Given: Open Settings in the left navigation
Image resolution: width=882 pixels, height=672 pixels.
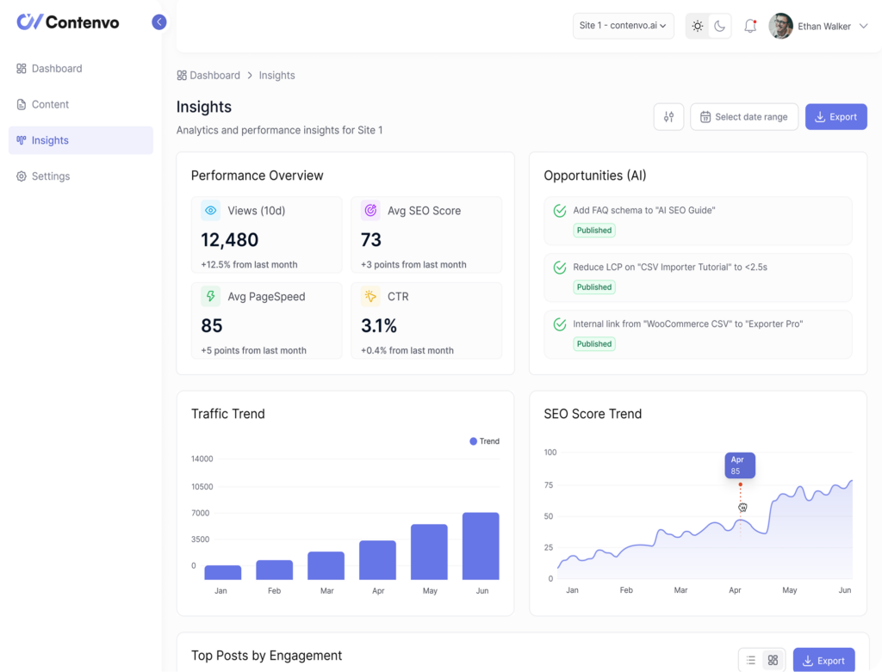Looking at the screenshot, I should (x=50, y=176).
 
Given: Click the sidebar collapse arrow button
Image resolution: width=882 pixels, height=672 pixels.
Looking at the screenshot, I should (x=159, y=22).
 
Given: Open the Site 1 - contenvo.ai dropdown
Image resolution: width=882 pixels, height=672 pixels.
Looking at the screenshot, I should (x=623, y=26).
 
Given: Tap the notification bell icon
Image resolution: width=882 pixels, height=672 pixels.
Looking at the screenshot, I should (x=750, y=26).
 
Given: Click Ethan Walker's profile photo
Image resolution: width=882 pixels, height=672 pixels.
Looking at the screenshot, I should (x=780, y=26).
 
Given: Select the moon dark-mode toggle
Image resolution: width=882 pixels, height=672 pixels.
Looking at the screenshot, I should (x=719, y=26).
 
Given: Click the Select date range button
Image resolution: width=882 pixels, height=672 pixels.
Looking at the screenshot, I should (x=743, y=117).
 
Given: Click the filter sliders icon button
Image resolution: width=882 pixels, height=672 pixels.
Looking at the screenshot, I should (x=668, y=117).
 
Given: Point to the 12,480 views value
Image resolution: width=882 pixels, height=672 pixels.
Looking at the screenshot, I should (x=230, y=240).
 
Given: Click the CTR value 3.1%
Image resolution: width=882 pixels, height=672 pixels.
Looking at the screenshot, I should (x=379, y=326).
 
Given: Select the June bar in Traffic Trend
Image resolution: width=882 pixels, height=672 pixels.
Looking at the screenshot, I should (x=481, y=546).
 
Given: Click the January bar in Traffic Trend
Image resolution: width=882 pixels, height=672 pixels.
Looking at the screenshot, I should (x=222, y=572).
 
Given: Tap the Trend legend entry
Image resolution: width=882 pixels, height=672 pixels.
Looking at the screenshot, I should (x=484, y=441).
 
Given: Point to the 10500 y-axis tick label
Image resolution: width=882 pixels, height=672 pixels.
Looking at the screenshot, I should (x=202, y=486).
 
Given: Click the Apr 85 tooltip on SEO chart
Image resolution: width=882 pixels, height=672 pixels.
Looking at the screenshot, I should (x=739, y=465).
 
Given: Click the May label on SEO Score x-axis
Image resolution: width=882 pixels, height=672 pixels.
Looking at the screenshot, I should (x=789, y=590).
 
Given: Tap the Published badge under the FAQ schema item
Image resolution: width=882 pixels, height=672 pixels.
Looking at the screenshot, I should (x=594, y=231).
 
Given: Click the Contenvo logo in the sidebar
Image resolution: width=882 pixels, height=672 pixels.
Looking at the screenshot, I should (x=68, y=22).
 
